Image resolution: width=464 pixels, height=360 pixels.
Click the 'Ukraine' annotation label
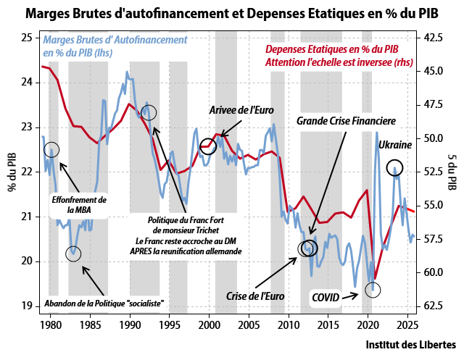pos(395,146)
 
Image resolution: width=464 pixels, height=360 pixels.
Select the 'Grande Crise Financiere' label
pos(345,121)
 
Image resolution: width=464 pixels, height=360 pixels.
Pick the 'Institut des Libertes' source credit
pos(410,343)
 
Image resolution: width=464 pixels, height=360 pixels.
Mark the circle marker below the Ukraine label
pos(394,168)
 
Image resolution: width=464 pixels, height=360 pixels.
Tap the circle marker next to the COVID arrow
pos(373,288)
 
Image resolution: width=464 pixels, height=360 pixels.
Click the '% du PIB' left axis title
pos(12,174)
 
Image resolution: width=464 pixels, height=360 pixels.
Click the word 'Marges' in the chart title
pos(48,13)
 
